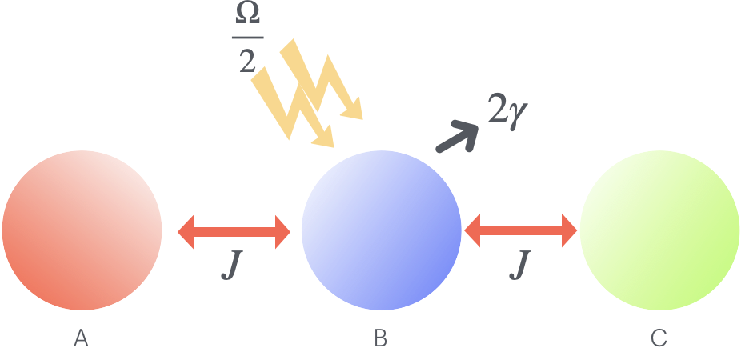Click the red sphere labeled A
click(x=82, y=230)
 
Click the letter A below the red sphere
click(x=81, y=339)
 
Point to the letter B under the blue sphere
click(x=381, y=339)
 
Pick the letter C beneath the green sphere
click(x=659, y=339)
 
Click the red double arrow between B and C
click(x=520, y=232)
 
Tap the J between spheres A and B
click(x=231, y=266)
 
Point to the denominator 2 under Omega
click(x=247, y=60)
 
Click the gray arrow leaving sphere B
click(x=457, y=137)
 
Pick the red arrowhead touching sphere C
click(x=567, y=232)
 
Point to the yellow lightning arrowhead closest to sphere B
click(x=324, y=139)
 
